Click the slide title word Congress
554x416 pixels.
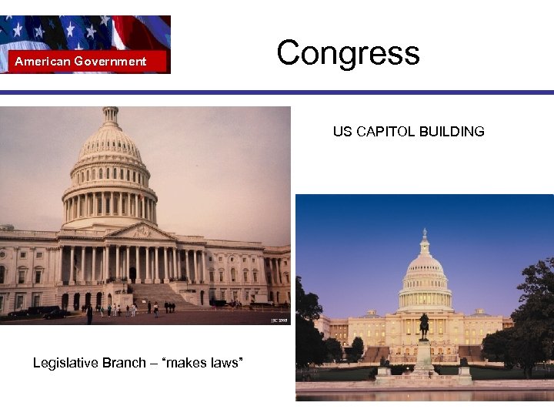(348, 53)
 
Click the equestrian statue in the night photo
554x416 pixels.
(423, 326)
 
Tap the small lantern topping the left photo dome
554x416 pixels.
(111, 116)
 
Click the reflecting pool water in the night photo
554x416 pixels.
(423, 394)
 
